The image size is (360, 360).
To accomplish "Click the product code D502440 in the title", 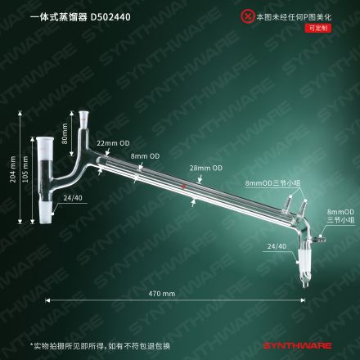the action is click(110, 17).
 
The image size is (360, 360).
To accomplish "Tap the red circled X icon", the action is click(248, 16).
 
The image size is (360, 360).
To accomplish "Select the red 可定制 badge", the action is click(318, 28).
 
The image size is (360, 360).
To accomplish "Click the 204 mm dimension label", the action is click(13, 169).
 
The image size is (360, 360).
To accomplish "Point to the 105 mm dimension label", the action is click(25, 169).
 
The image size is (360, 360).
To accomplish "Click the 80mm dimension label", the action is click(65, 133).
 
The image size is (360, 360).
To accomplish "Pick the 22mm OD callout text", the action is click(113, 143).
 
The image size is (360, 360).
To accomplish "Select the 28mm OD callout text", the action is click(206, 168).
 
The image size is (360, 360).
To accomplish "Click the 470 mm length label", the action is click(162, 294).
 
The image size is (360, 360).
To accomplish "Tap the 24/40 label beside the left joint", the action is click(73, 198).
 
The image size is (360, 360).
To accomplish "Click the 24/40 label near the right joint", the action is click(277, 246).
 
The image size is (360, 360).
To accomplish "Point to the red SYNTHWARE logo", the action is click(298, 346).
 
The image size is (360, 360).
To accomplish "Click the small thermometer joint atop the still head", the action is click(83, 117).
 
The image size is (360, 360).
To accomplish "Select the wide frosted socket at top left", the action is click(43, 143).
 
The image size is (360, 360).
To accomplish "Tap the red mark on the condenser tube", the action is click(184, 187).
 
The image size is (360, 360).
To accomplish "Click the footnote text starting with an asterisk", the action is click(100, 346).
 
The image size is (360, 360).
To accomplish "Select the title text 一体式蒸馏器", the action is click(59, 17).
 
